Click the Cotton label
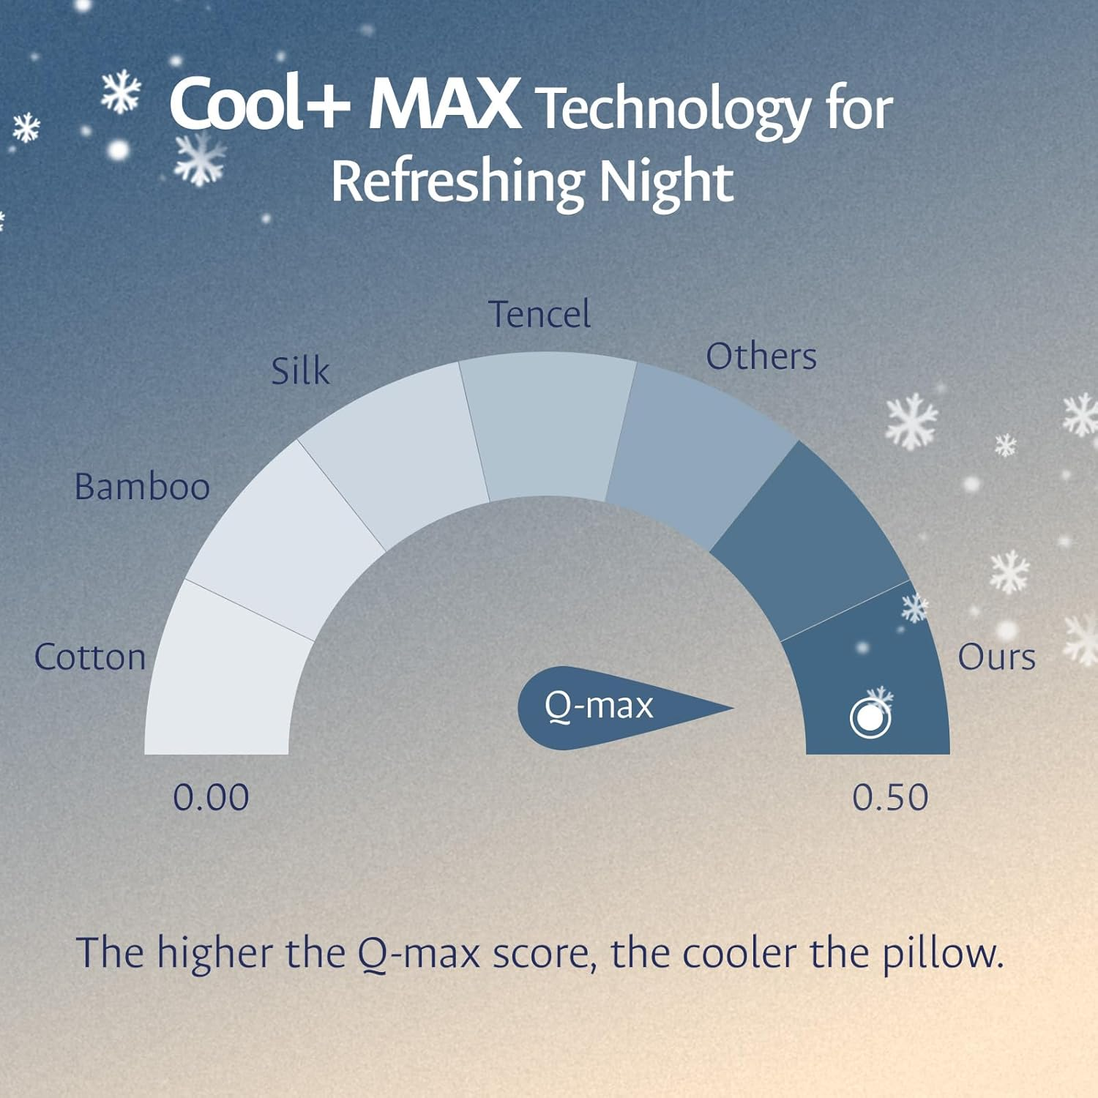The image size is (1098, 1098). [90, 657]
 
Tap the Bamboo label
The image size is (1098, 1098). [142, 487]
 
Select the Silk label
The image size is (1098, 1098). [300, 371]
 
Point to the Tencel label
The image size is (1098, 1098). [539, 315]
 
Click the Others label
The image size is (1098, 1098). [761, 357]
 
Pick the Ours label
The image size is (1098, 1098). [996, 657]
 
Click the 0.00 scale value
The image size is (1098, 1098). [211, 797]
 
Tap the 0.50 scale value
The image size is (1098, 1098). [890, 797]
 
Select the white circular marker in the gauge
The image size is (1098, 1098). [870, 719]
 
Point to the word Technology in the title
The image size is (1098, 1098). [673, 110]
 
